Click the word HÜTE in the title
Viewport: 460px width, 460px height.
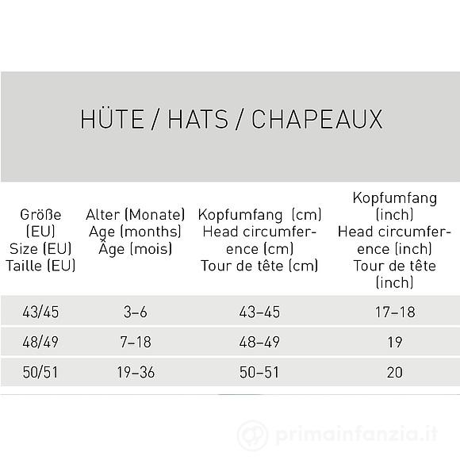pyautogui.click(x=110, y=119)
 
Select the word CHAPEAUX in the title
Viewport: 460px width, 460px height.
pyautogui.click(x=317, y=119)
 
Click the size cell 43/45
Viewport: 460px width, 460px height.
pyautogui.click(x=40, y=312)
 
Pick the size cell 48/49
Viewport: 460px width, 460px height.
pyautogui.click(x=40, y=342)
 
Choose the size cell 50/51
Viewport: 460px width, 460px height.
pyautogui.click(x=40, y=372)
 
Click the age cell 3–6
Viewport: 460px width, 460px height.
pyautogui.click(x=135, y=312)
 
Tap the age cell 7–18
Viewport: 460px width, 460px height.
pyautogui.click(x=135, y=342)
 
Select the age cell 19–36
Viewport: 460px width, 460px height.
pyautogui.click(x=135, y=372)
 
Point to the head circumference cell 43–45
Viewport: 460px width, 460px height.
pyautogui.click(x=259, y=312)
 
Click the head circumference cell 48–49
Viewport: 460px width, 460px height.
pyautogui.click(x=259, y=342)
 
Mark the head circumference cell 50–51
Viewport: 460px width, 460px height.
pyautogui.click(x=259, y=372)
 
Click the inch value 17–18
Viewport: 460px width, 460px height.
pyautogui.click(x=394, y=312)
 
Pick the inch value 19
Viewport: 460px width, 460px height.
pyautogui.click(x=394, y=342)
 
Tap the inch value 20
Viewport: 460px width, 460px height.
pyautogui.click(x=394, y=372)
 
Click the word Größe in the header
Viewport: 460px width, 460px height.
pyautogui.click(x=40, y=215)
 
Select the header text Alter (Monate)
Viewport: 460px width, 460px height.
pyautogui.click(x=135, y=215)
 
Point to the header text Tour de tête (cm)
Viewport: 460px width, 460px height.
pyautogui.click(x=259, y=266)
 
